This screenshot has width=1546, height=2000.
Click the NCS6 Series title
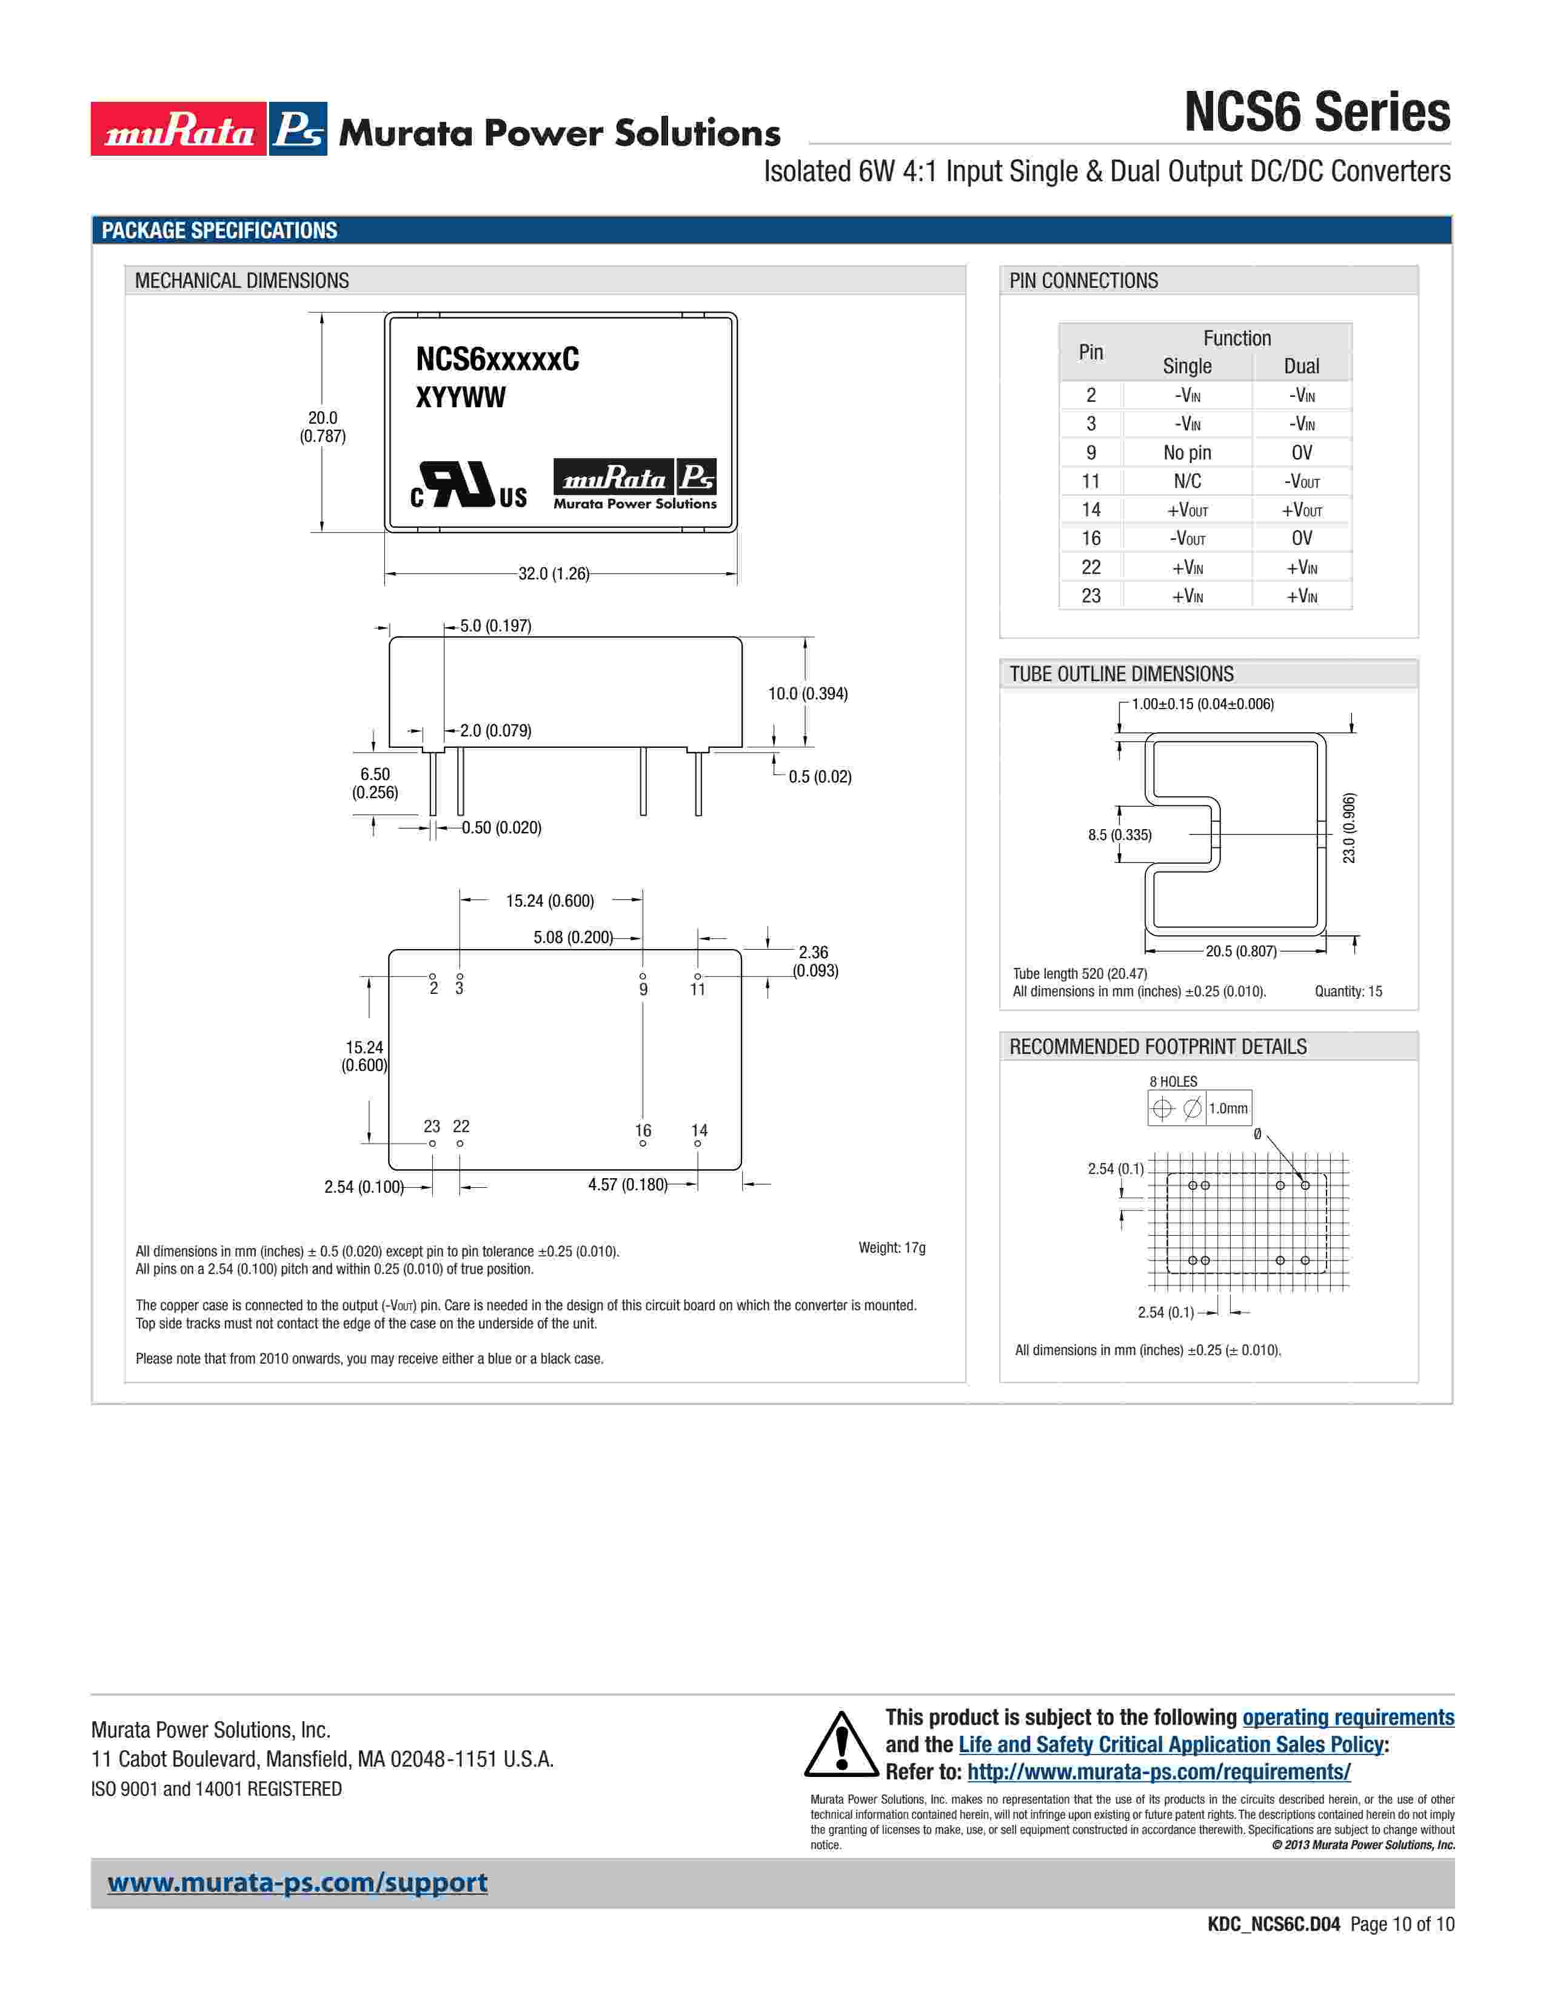point(1317,113)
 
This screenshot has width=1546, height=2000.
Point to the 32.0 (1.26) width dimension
point(554,574)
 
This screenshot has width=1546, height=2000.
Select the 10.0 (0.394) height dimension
point(808,694)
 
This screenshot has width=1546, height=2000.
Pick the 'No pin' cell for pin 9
point(1187,452)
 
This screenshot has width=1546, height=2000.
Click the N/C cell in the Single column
point(1187,481)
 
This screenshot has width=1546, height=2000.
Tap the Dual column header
point(1302,366)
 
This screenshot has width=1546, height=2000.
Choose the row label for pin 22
point(1091,567)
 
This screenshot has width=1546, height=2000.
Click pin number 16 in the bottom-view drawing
point(643,1131)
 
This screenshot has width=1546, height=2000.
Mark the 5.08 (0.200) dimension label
point(574,938)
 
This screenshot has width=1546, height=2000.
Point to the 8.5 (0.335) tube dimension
point(1119,835)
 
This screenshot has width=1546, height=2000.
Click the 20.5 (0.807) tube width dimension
point(1241,952)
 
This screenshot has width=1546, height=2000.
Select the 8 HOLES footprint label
point(1173,1081)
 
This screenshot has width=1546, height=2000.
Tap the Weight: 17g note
point(892,1248)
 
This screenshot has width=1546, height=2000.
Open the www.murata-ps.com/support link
point(298,1883)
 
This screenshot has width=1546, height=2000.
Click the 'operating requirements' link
point(1348,1718)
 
